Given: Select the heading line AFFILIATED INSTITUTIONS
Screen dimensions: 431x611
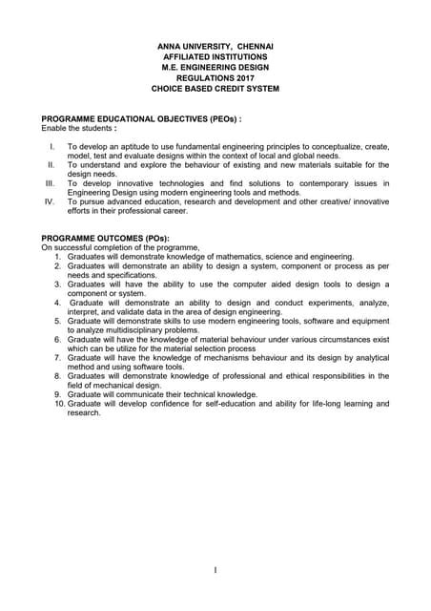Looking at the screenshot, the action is click(x=215, y=57).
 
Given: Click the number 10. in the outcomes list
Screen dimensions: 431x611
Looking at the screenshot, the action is click(x=58, y=404).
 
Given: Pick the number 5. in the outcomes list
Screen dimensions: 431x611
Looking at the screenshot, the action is click(x=61, y=321).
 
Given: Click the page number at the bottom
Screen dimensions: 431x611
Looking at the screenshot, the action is click(x=215, y=570).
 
